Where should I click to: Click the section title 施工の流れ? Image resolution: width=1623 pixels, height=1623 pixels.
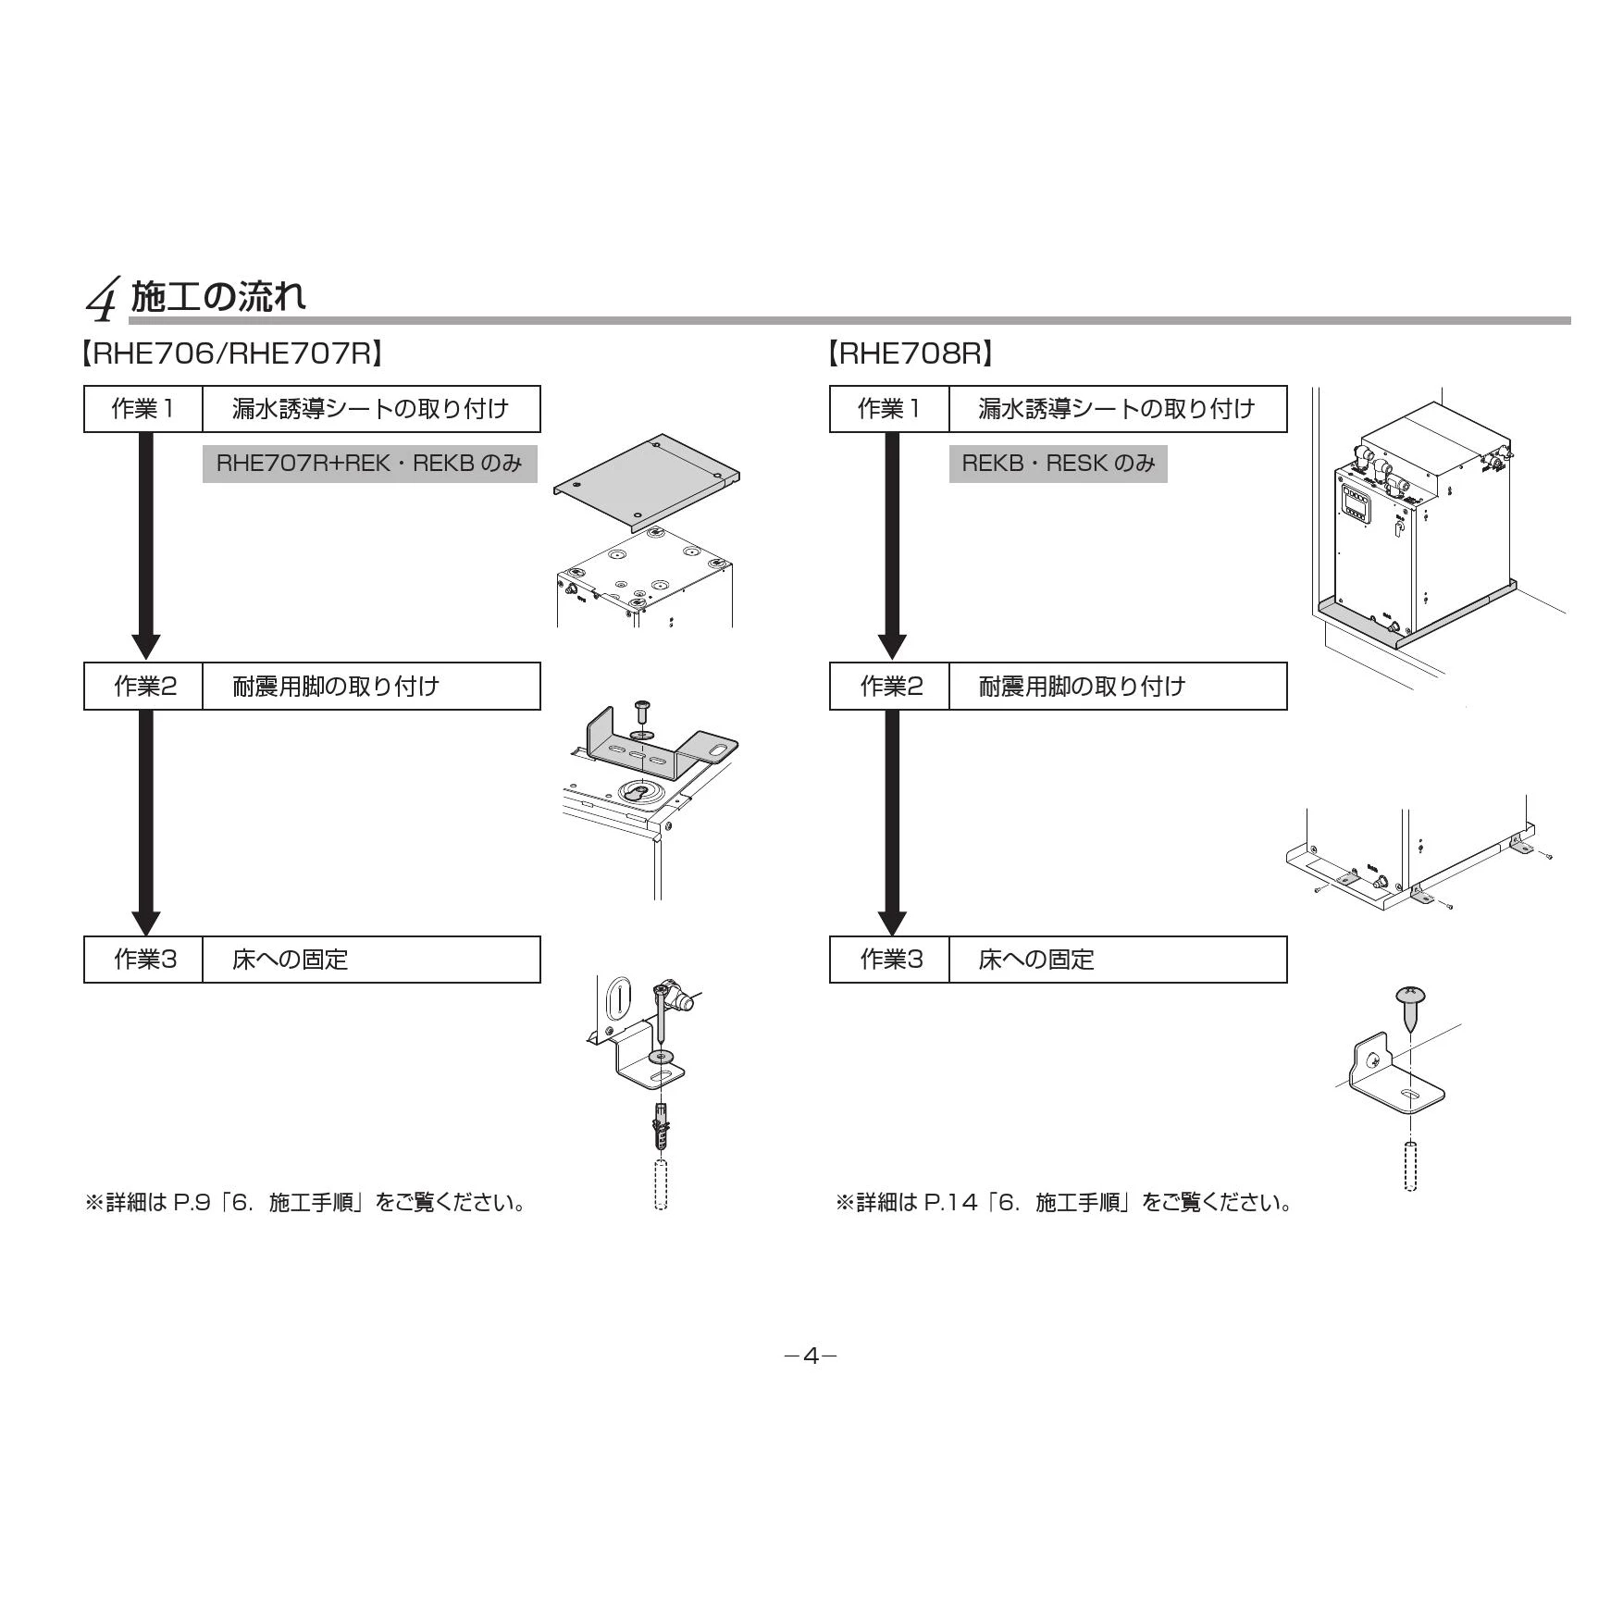click(x=218, y=296)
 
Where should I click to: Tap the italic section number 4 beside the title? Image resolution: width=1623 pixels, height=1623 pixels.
click(x=102, y=299)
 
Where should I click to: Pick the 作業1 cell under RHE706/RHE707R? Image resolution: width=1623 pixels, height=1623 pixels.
click(x=143, y=409)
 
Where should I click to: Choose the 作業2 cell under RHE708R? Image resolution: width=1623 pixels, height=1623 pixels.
click(x=890, y=686)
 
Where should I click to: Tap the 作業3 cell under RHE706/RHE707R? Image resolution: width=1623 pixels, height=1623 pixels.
click(x=143, y=960)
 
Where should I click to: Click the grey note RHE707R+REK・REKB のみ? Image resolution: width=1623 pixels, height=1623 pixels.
click(x=370, y=464)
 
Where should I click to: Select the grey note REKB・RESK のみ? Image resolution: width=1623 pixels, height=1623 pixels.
click(x=1059, y=464)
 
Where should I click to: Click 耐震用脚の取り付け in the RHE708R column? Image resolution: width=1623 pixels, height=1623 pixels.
click(x=1082, y=687)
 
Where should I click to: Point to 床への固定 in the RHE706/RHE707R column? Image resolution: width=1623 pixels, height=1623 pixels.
click(x=290, y=960)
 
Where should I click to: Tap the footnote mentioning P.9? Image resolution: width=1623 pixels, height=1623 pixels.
click(x=306, y=1203)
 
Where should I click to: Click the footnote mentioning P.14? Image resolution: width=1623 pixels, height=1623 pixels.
click(x=1064, y=1203)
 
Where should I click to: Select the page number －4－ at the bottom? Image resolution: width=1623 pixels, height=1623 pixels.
click(x=811, y=1357)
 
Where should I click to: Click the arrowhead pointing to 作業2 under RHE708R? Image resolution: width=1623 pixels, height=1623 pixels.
click(x=892, y=647)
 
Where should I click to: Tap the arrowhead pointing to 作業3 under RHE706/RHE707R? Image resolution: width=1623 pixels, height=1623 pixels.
click(x=145, y=923)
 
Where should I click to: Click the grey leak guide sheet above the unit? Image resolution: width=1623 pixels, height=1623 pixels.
click(x=647, y=481)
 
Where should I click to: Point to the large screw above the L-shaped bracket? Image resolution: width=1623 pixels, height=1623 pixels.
click(x=1410, y=1010)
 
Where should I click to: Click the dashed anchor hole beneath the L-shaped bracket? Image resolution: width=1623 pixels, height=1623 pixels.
click(x=1409, y=1167)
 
